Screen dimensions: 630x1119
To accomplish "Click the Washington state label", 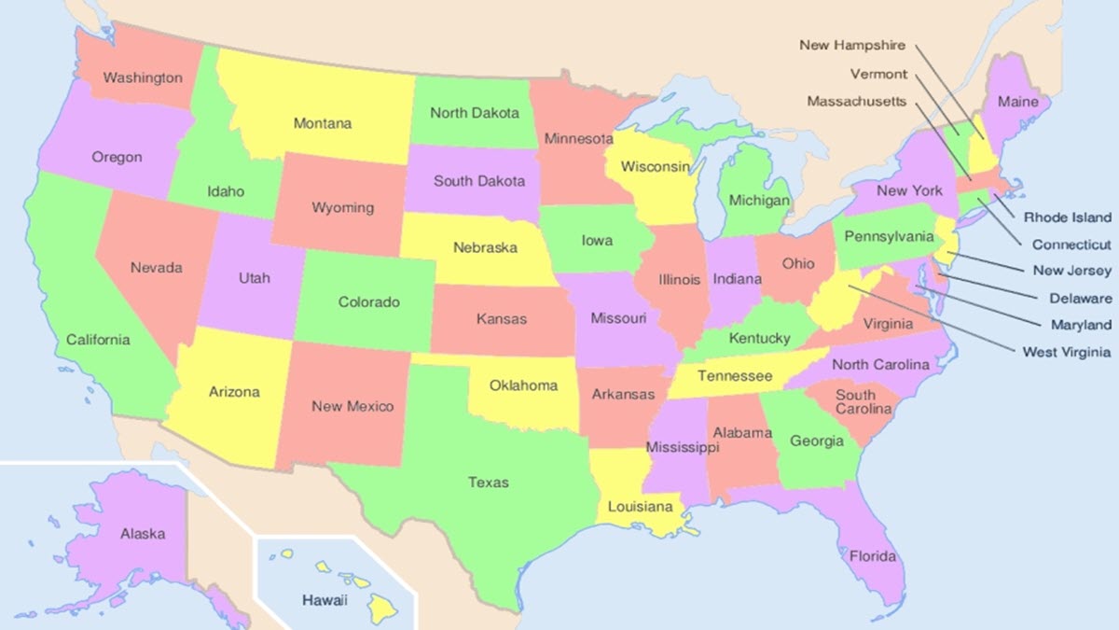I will [x=142, y=77].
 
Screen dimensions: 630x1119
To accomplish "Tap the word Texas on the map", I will [x=489, y=483].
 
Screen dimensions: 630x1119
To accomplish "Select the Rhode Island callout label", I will [x=1068, y=217].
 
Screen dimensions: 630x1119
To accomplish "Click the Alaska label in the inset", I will [x=143, y=534].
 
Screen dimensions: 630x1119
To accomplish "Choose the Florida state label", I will [x=872, y=557].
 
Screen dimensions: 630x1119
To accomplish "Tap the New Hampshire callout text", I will [x=851, y=45].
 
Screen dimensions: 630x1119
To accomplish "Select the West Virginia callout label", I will [x=1066, y=352].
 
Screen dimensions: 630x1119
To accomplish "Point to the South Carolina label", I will [x=855, y=402].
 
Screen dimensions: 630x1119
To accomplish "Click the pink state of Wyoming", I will [x=342, y=207].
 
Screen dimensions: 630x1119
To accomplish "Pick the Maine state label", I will [x=1017, y=102].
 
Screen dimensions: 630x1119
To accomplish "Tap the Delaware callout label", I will [x=1080, y=299].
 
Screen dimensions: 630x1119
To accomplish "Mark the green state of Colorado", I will [x=368, y=302].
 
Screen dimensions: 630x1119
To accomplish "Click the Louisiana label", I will [x=640, y=508].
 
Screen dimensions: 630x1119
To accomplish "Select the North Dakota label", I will [x=475, y=113].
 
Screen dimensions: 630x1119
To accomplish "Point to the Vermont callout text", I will [x=877, y=74].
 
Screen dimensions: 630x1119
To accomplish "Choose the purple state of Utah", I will [x=254, y=278].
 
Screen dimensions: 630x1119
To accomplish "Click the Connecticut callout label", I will [x=1071, y=245].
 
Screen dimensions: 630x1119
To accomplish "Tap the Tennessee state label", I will [x=736, y=376].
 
